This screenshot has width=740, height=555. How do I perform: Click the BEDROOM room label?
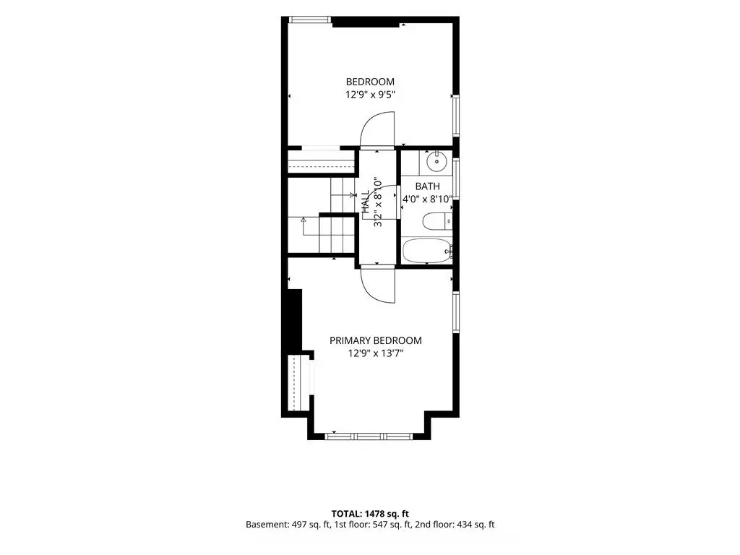[x=370, y=82]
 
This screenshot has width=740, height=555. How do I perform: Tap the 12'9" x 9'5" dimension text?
[x=370, y=95]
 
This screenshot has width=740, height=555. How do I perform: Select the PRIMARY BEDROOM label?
[x=376, y=340]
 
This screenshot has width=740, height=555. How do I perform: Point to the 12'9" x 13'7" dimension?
[x=376, y=353]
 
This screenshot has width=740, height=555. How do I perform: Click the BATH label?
[x=428, y=186]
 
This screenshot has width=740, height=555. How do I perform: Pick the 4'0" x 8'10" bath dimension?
[x=428, y=199]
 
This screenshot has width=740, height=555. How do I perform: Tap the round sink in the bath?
[x=436, y=162]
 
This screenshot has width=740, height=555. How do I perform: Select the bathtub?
[x=428, y=251]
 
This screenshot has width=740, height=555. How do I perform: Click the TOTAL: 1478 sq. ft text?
[x=370, y=514]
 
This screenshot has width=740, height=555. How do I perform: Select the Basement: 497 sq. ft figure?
[x=288, y=525]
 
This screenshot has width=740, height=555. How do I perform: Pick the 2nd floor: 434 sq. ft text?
[x=455, y=525]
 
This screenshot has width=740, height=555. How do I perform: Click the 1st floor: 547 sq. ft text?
[x=373, y=525]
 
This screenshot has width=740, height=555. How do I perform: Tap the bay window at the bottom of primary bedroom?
[x=369, y=436]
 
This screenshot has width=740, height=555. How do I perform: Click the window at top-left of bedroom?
[x=309, y=20]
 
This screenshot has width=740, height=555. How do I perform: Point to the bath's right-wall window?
[x=456, y=178]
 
